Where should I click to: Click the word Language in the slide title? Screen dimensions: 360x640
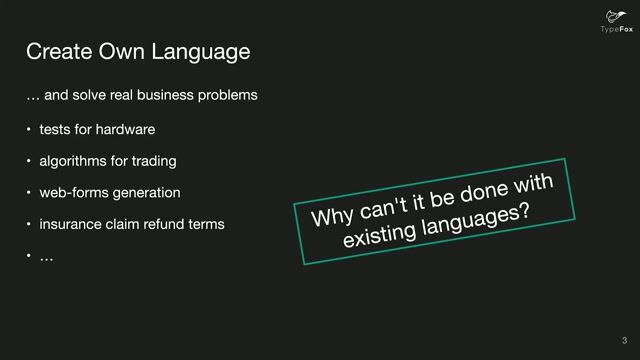(x=200, y=50)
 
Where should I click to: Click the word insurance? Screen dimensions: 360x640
(x=69, y=224)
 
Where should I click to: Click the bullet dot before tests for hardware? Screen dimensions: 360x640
(x=29, y=129)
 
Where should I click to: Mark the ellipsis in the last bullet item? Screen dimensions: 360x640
(x=46, y=258)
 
